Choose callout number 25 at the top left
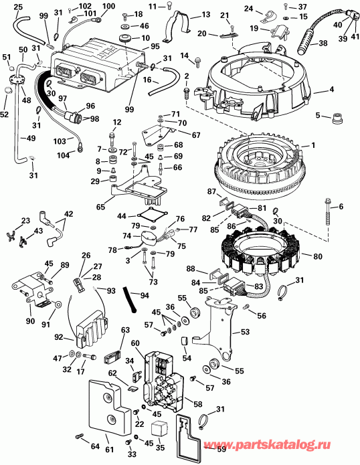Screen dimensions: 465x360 17,7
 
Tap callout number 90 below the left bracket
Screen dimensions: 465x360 29,322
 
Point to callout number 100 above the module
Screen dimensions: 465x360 108,7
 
